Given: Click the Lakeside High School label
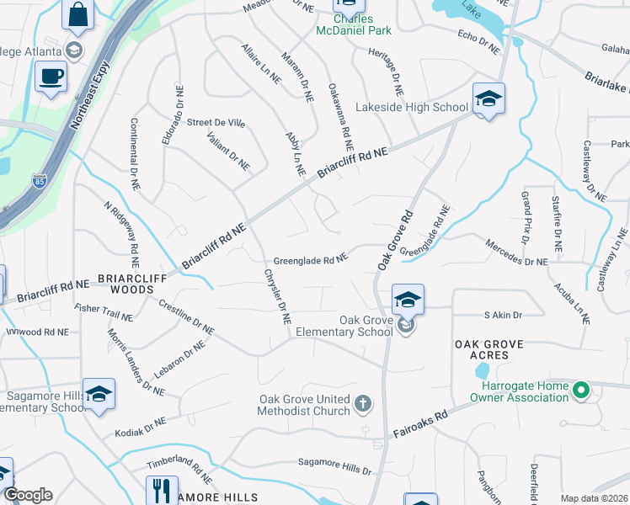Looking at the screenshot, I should (412, 107).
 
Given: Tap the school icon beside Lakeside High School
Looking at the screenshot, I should (488, 99).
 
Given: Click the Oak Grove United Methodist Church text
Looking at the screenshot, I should (304, 405).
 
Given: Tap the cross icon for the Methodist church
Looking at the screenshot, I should (363, 405).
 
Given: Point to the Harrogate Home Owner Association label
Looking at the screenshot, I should (518, 392).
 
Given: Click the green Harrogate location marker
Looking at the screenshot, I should (579, 391).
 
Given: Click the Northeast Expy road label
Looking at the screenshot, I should (89, 93).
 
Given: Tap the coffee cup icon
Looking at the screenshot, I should (51, 77).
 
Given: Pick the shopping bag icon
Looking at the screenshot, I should (78, 16).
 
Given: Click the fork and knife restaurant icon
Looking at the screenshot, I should (161, 490).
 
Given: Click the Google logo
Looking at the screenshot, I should (27, 495).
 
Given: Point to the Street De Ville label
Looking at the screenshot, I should (216, 123).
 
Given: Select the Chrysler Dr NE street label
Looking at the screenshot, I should (277, 296).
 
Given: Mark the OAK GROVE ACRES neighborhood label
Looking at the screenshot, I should (489, 349).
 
